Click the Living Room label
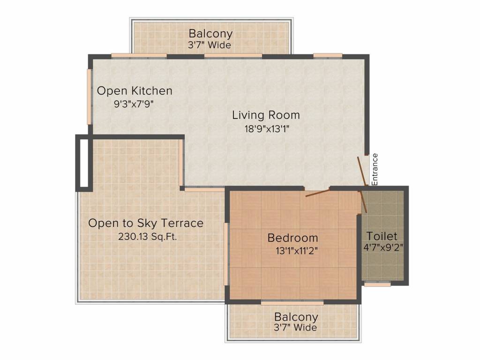tap(266, 115)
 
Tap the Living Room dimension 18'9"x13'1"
tap(267, 129)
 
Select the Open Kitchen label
tap(135, 91)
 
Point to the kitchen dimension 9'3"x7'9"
tap(134, 104)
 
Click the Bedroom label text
tap(293, 238)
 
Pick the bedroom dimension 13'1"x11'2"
tap(297, 251)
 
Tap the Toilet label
tap(382, 236)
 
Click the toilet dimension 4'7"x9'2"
tap(383, 247)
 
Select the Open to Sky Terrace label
tap(146, 223)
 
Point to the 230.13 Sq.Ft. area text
tap(148, 237)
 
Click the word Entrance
tap(375, 169)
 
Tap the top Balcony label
tap(210, 33)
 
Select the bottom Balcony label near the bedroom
tap(296, 317)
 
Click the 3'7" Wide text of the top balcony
tap(210, 45)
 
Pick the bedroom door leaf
tap(317, 193)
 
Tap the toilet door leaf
tap(364, 202)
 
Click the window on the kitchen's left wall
tap(90, 97)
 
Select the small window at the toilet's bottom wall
tap(377, 285)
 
